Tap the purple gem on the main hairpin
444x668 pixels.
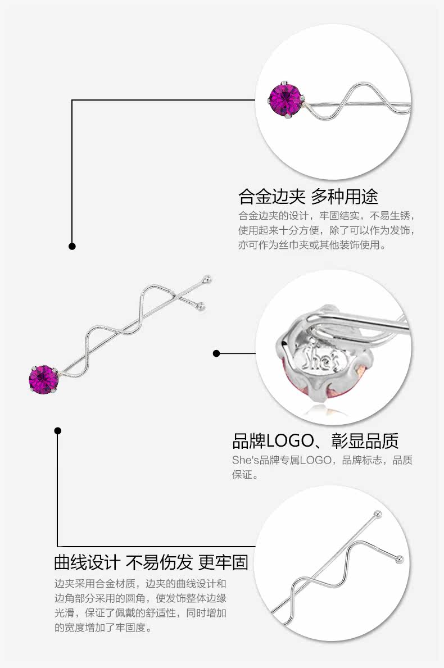(x=43, y=379)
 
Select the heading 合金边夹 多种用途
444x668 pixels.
(x=308, y=196)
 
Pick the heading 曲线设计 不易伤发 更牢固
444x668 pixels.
(x=151, y=561)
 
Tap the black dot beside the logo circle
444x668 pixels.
(x=216, y=353)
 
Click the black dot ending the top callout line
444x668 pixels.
(x=72, y=246)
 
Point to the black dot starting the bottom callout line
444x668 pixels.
(x=57, y=431)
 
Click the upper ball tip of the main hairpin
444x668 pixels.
(x=208, y=278)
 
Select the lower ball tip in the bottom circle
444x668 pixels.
(x=399, y=559)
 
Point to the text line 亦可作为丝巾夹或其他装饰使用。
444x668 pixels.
(x=312, y=246)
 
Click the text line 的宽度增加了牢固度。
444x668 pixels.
(x=103, y=628)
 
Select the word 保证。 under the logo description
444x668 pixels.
(x=246, y=475)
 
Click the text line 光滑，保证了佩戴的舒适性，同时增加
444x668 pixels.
(x=140, y=612)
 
